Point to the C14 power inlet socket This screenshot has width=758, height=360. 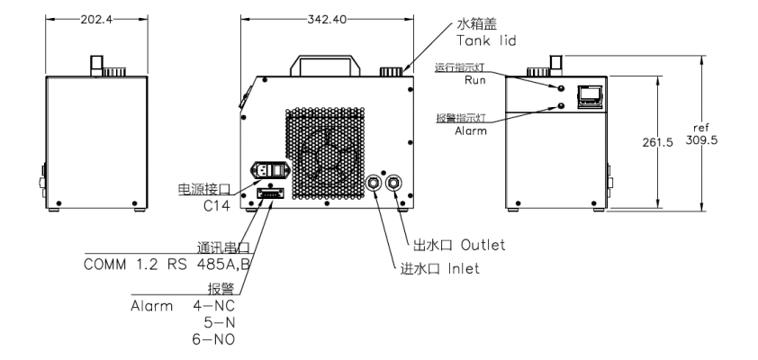268,171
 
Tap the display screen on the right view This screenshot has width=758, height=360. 591,94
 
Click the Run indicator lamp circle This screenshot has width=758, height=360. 562,88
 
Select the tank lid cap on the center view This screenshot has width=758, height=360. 390,71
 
